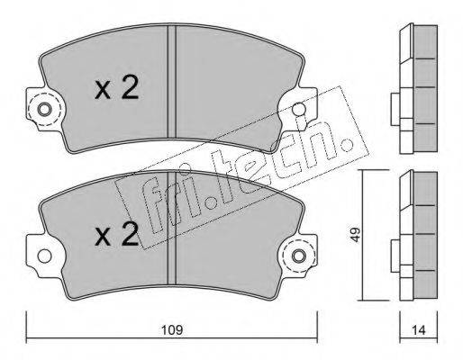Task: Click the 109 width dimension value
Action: coord(172,330)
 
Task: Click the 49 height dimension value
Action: coord(356,235)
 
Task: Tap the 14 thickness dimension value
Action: coord(419,330)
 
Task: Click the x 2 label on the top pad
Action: coord(116,87)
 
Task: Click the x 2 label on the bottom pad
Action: coord(116,234)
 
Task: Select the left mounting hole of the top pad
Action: coord(44,110)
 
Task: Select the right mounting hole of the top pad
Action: coord(299,109)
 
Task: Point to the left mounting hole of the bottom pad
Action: coord(44,256)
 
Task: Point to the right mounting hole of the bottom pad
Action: coord(299,256)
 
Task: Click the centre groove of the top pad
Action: coord(171,81)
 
